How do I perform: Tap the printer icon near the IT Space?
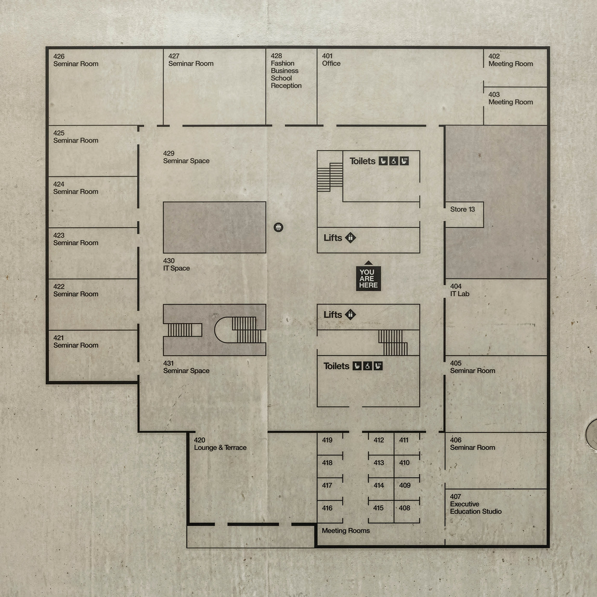278,227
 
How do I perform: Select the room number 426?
59,56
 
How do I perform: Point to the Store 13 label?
462,209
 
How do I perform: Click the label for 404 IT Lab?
460,290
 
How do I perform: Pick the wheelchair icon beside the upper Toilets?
394,161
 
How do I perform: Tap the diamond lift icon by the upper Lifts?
351,238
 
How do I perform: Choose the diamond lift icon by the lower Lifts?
351,314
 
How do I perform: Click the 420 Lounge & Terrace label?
220,443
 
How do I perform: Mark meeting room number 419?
327,440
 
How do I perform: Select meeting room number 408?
404,508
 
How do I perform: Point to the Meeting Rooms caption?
346,531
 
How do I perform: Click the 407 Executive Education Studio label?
476,504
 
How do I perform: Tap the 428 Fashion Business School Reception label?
286,71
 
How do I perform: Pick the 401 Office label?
331,59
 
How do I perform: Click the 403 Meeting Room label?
510,98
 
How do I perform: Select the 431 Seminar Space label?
186,367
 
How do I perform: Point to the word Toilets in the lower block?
336,366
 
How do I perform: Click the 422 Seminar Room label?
75,290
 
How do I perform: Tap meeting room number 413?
379,463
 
